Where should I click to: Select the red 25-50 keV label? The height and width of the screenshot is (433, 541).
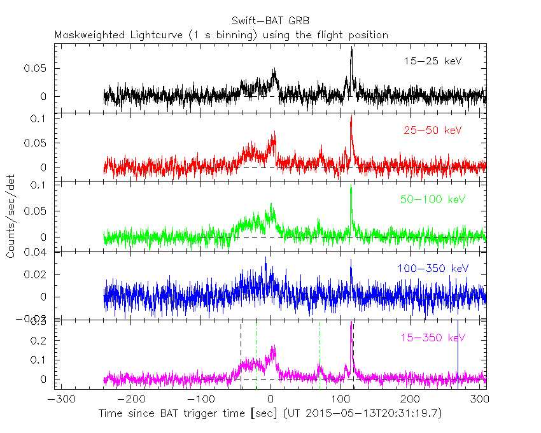(x=432, y=130)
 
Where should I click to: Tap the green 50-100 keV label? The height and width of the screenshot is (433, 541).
(x=432, y=199)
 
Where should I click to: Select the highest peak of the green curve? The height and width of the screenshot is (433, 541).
(x=351, y=187)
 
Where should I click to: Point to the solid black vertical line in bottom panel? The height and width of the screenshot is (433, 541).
(x=458, y=350)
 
